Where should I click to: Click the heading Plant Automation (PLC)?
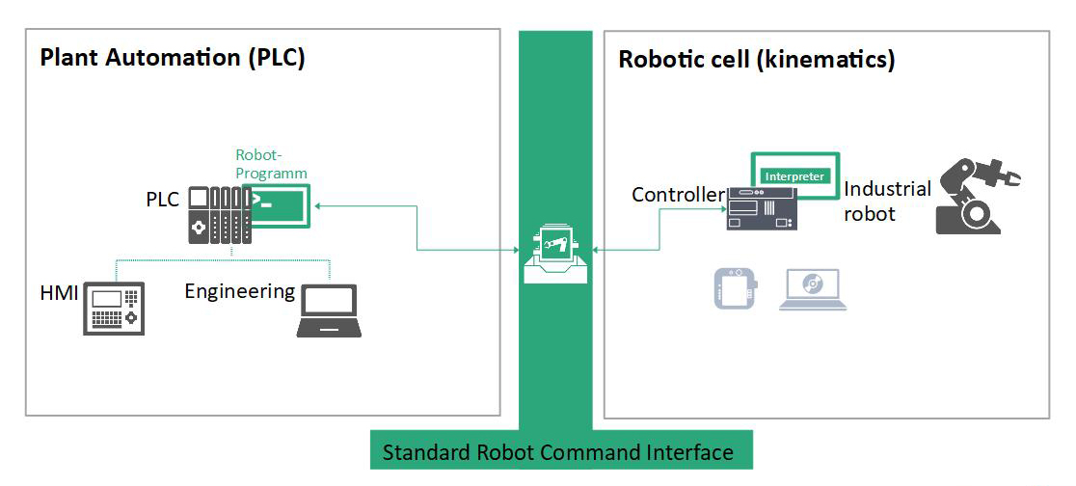point(173,58)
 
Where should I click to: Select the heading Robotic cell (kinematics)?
point(756,60)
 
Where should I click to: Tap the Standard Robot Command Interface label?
point(558,452)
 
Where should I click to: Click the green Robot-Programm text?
point(271,164)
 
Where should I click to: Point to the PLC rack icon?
point(218,214)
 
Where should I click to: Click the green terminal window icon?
point(280,204)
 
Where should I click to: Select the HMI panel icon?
point(113,309)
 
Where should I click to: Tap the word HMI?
point(60,292)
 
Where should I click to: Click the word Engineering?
point(240,291)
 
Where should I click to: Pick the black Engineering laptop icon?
point(329,311)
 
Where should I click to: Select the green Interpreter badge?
point(794,176)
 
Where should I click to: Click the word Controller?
point(678,195)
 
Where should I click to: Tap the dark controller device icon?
point(762,208)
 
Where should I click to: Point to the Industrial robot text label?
point(887,201)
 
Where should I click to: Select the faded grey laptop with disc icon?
point(812,288)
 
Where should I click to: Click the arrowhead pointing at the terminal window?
point(317,204)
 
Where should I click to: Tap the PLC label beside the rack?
point(163,200)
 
